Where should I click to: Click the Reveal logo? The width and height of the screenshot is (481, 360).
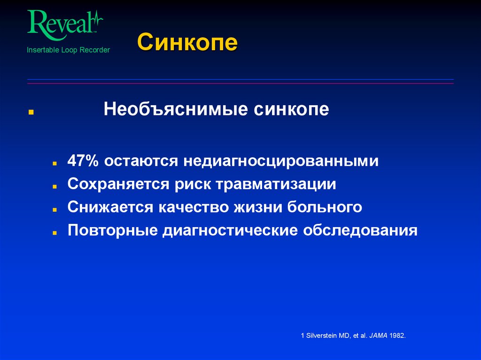pyautogui.click(x=65, y=23)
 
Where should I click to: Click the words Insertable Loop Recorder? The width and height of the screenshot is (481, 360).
pyautogui.click(x=68, y=50)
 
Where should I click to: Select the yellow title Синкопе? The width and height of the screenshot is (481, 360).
pyautogui.click(x=187, y=43)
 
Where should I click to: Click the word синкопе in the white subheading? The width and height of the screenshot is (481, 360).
pyautogui.click(x=292, y=110)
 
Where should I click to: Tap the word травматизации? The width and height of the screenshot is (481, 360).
pyautogui.click(x=276, y=184)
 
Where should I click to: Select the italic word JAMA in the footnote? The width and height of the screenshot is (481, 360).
pyautogui.click(x=378, y=336)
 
